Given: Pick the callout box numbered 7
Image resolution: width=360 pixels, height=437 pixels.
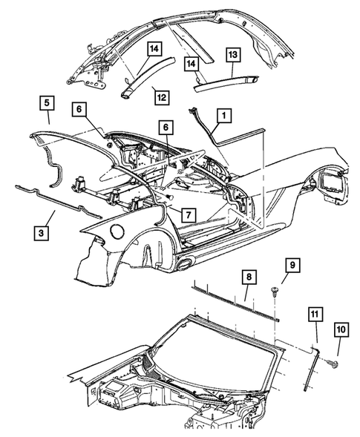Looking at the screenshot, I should click(x=189, y=214).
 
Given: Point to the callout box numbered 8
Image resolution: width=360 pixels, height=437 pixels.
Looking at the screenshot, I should click(x=249, y=278).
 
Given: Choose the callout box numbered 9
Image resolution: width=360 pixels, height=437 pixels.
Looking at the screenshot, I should click(x=291, y=264).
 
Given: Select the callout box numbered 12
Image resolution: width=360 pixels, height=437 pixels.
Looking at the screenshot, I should click(x=160, y=95).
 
